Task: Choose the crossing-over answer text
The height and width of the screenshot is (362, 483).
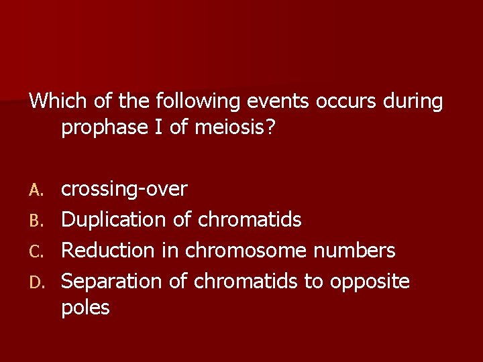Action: pyautogui.click(x=124, y=190)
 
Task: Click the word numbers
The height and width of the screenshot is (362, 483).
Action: pyautogui.click(x=356, y=250)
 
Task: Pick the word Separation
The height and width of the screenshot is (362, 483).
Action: pyautogui.click(x=112, y=281)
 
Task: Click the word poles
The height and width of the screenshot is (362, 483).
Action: pyautogui.click(x=85, y=308)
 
